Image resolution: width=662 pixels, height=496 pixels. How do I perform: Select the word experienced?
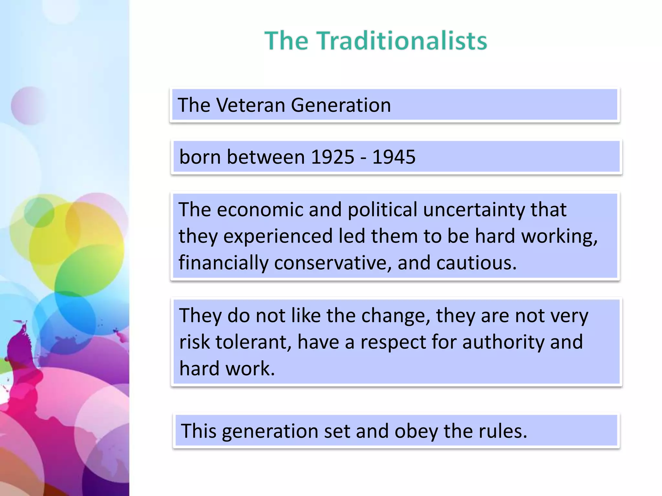278,236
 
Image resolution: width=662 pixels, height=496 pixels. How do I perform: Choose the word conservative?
333,263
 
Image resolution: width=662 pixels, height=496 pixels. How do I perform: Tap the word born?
200,157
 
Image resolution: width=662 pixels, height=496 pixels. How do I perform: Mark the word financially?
223,263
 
